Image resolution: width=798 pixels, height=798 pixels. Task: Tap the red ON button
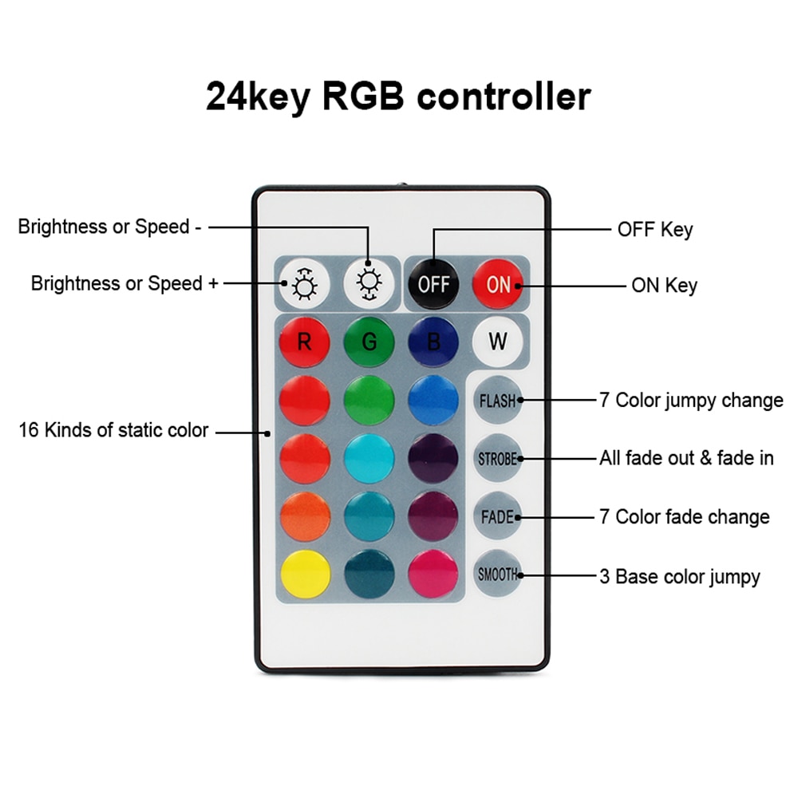coord(497,284)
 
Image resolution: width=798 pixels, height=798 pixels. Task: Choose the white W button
coord(497,342)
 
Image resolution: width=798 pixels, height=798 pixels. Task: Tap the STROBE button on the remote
coord(497,459)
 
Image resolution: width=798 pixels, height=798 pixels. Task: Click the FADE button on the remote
coord(497,516)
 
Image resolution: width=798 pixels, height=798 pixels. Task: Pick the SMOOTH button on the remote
coord(497,574)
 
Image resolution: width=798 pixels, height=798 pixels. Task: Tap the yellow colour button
coord(304,574)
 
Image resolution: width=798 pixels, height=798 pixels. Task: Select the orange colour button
coord(304,516)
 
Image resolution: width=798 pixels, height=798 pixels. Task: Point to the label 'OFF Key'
coord(655,230)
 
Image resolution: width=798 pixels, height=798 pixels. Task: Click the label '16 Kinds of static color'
coord(113,431)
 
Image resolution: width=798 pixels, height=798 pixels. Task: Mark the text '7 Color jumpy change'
coord(691,400)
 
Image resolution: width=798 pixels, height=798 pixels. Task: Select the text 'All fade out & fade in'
coord(686,458)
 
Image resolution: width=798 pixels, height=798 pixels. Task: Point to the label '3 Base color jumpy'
coord(679,575)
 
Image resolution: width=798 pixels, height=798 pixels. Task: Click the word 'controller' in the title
coord(504,96)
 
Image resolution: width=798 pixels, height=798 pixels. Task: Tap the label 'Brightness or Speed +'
coord(124,283)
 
